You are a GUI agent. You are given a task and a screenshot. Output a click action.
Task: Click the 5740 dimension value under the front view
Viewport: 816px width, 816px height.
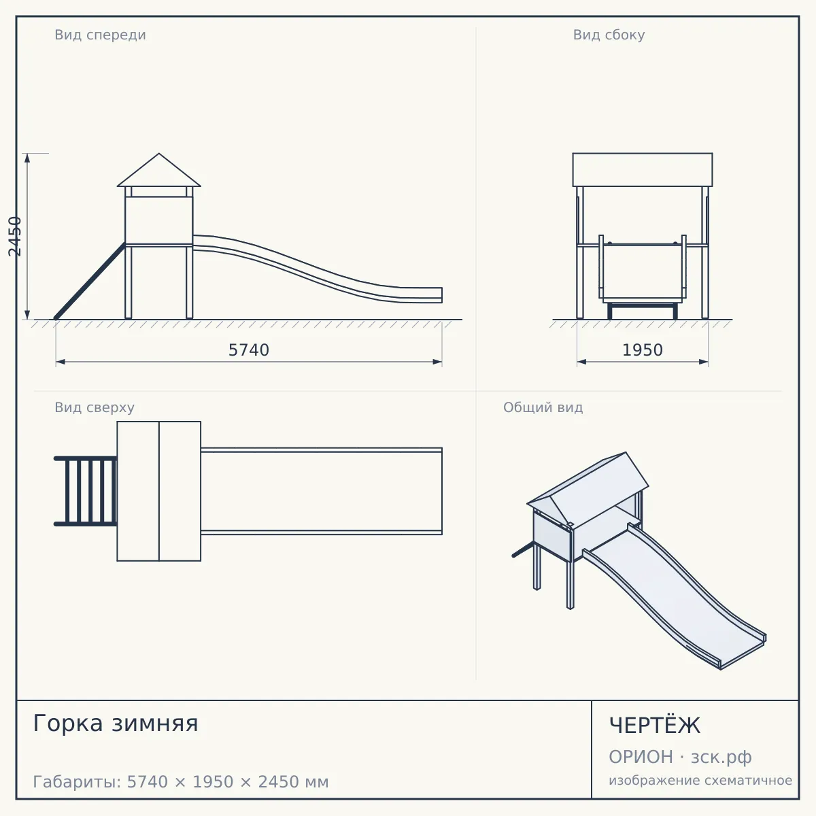tap(249, 350)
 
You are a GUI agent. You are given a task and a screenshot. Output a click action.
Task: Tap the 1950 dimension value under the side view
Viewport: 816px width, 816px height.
tap(643, 350)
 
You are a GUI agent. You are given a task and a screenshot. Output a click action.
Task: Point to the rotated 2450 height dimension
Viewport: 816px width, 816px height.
tap(15, 236)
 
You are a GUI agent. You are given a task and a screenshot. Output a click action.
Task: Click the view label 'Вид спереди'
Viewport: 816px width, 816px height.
tap(101, 35)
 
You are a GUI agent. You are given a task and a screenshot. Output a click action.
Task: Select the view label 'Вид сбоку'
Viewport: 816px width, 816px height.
tap(609, 35)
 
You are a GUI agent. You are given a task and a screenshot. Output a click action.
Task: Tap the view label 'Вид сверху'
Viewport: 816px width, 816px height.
tap(95, 407)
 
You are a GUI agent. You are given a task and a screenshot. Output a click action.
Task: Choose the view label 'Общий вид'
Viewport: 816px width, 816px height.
tap(543, 407)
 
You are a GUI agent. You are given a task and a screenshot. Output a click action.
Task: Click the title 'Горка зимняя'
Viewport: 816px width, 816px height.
tap(116, 723)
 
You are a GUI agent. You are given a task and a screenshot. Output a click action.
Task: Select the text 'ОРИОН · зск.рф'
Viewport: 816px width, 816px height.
tap(680, 757)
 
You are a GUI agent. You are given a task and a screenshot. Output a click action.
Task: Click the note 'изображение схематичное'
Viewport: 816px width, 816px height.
tap(700, 781)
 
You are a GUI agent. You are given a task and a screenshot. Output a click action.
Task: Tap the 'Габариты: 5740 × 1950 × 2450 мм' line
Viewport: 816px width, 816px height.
tap(181, 782)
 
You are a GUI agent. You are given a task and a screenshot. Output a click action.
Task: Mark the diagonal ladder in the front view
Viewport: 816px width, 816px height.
tap(90, 281)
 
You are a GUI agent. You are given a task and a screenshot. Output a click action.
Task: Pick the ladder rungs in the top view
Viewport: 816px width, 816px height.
tap(86, 491)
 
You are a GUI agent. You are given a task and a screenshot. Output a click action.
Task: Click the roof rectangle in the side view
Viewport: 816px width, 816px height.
tap(643, 170)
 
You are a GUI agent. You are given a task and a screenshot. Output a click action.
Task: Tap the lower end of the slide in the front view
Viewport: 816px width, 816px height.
tap(442, 295)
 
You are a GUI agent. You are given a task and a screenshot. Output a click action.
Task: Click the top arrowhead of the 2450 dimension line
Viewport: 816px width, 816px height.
tap(27, 158)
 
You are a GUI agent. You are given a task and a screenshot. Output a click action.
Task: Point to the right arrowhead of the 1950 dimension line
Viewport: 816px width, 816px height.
tap(703, 362)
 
